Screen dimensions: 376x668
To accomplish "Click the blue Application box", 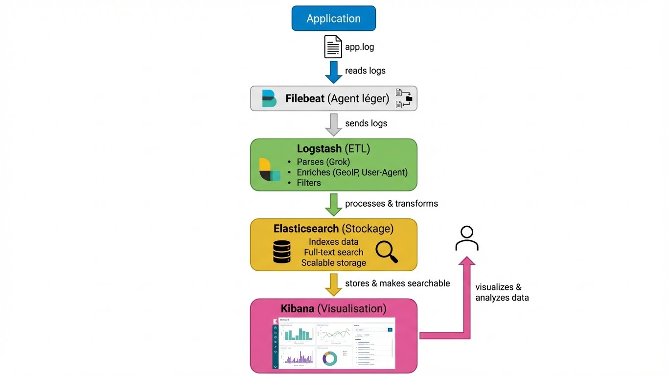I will click(333, 19).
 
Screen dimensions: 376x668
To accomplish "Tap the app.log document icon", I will click(333, 47).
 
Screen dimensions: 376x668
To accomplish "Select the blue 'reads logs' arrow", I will click(334, 71).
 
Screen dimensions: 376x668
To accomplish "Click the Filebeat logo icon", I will click(269, 98).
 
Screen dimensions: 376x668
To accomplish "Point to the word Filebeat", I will click(305, 99).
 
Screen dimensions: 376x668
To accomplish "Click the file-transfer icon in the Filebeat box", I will click(404, 98).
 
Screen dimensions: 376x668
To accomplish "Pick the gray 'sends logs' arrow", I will click(334, 124).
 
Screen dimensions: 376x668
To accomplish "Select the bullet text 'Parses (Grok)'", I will click(323, 162).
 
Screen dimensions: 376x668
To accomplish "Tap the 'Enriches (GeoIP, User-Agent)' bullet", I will click(352, 172).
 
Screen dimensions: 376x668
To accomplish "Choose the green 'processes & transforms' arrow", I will click(334, 204).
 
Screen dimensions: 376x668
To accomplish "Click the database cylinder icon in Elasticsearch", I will click(282, 252).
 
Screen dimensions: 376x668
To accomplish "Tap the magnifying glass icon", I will click(386, 252).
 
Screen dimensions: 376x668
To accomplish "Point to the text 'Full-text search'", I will click(333, 252).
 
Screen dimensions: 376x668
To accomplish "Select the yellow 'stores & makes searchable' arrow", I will click(334, 284).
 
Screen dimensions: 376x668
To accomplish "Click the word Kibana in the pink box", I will click(298, 309).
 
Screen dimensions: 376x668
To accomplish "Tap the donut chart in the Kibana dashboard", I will click(329, 359).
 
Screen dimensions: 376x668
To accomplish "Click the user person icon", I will click(466, 238).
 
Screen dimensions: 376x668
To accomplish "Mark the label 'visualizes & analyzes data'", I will click(502, 292).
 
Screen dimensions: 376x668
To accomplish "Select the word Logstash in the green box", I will click(319, 148).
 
